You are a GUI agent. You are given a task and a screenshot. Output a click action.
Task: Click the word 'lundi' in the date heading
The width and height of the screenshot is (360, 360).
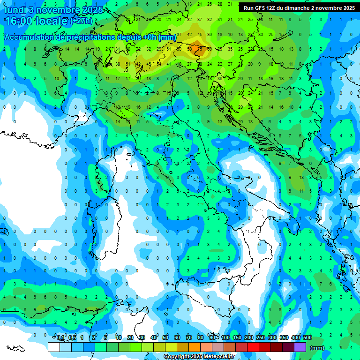(15, 10)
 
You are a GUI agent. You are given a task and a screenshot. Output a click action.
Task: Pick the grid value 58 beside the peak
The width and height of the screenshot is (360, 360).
(189, 48)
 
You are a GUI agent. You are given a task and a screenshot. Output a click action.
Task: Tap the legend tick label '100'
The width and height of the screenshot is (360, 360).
(225, 338)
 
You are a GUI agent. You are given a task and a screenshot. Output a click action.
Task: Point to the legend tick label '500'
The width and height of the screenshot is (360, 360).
(307, 338)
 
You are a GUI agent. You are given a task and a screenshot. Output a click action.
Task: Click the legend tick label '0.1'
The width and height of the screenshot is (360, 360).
(60, 338)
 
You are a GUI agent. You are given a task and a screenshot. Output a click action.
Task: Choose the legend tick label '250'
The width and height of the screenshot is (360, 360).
(261, 338)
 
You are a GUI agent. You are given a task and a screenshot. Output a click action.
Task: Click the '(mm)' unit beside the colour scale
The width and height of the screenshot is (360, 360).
(317, 348)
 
